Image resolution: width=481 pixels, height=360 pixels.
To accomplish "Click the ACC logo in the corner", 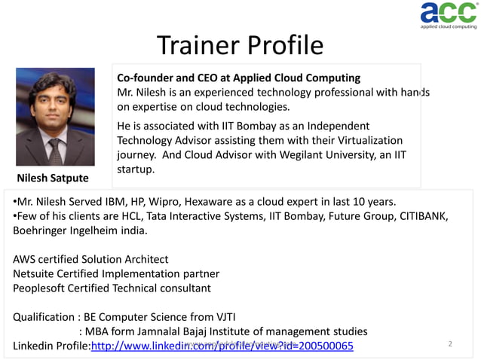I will pos(448,15).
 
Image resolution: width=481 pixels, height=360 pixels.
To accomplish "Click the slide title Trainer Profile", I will pos(240,46).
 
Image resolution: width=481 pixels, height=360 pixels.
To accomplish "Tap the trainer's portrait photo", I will pos(55,117).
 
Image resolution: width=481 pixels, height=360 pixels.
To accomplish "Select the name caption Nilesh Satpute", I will pos(53,178).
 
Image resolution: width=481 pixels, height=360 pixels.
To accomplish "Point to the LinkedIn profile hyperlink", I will pos(222,346).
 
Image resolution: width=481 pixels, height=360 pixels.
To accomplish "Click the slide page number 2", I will pos(450,344).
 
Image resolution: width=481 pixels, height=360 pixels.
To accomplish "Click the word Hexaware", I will pos(226,201).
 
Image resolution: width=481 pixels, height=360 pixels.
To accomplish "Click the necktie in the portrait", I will pos(55,151).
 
